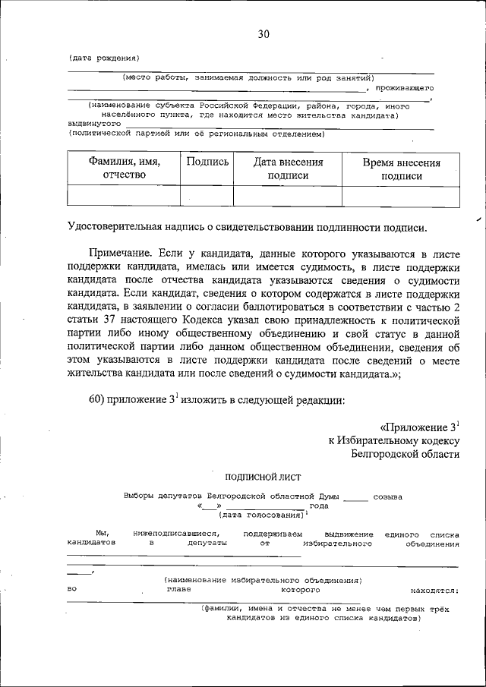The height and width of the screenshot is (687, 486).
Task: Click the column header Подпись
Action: tap(207, 162)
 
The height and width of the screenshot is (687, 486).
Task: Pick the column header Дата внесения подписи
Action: tap(288, 169)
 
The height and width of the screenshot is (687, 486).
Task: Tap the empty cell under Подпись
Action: tap(207, 196)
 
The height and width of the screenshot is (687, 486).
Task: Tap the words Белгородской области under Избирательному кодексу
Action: tap(406, 454)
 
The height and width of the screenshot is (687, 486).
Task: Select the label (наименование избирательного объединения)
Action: tap(263, 581)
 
